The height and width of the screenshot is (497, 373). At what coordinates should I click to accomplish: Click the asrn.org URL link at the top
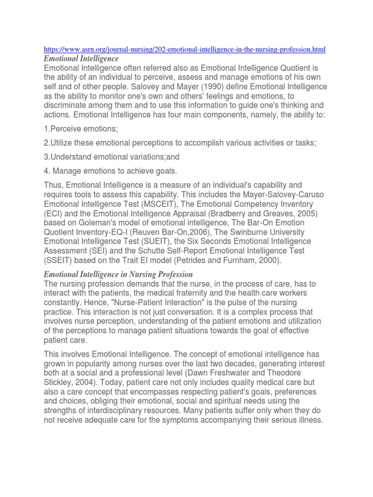point(184,50)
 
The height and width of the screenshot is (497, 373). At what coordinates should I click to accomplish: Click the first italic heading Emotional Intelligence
point(81,59)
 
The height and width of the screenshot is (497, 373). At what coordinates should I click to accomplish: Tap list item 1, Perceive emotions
point(81,129)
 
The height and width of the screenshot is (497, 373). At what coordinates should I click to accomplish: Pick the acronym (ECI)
point(55,213)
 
